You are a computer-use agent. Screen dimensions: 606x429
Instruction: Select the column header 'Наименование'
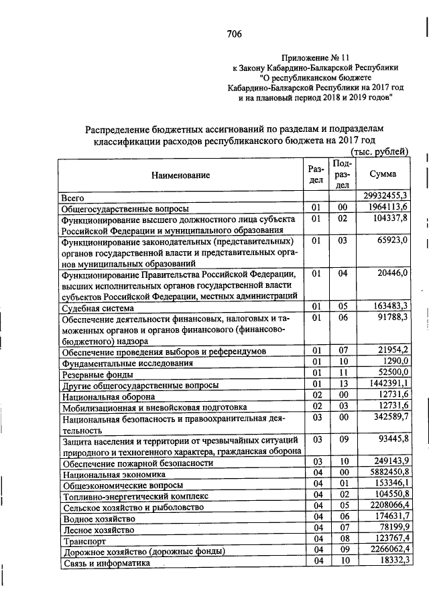180,175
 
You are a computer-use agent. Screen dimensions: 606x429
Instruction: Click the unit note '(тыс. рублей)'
379,152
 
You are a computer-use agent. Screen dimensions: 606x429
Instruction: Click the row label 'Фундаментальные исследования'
127,363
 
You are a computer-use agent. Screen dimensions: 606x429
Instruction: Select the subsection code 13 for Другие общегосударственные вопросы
342,383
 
